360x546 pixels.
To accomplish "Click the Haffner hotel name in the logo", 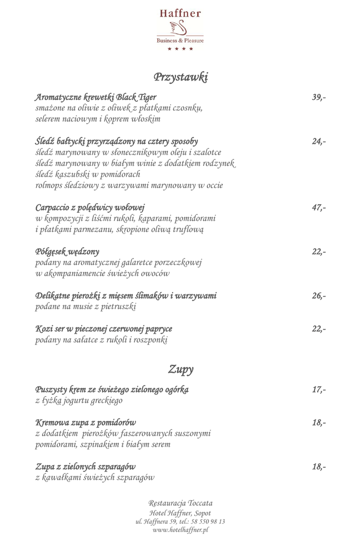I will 180,13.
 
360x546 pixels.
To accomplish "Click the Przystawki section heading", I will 180,77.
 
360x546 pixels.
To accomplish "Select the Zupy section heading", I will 180,368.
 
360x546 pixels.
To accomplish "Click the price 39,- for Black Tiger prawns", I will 319,98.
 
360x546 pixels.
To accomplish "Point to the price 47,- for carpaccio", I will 319,208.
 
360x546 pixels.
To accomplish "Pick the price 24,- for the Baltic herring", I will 319,142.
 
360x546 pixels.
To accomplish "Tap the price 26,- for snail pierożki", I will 319,296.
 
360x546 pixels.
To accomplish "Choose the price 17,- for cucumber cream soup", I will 319,390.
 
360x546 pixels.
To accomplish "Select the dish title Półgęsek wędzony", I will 67,252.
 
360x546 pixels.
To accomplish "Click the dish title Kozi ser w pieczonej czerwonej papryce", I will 104,328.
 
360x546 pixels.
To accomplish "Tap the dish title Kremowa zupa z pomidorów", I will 85,422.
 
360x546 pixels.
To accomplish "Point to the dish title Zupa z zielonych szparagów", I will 85,467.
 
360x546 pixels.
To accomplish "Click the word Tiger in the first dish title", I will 147,98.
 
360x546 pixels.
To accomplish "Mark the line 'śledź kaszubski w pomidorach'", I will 88,174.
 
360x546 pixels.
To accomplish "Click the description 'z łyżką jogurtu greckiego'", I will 79,400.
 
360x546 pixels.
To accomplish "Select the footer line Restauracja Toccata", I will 180,503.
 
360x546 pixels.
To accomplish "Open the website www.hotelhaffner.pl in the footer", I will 180,530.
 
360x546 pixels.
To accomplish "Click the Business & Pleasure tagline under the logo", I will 180,41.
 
